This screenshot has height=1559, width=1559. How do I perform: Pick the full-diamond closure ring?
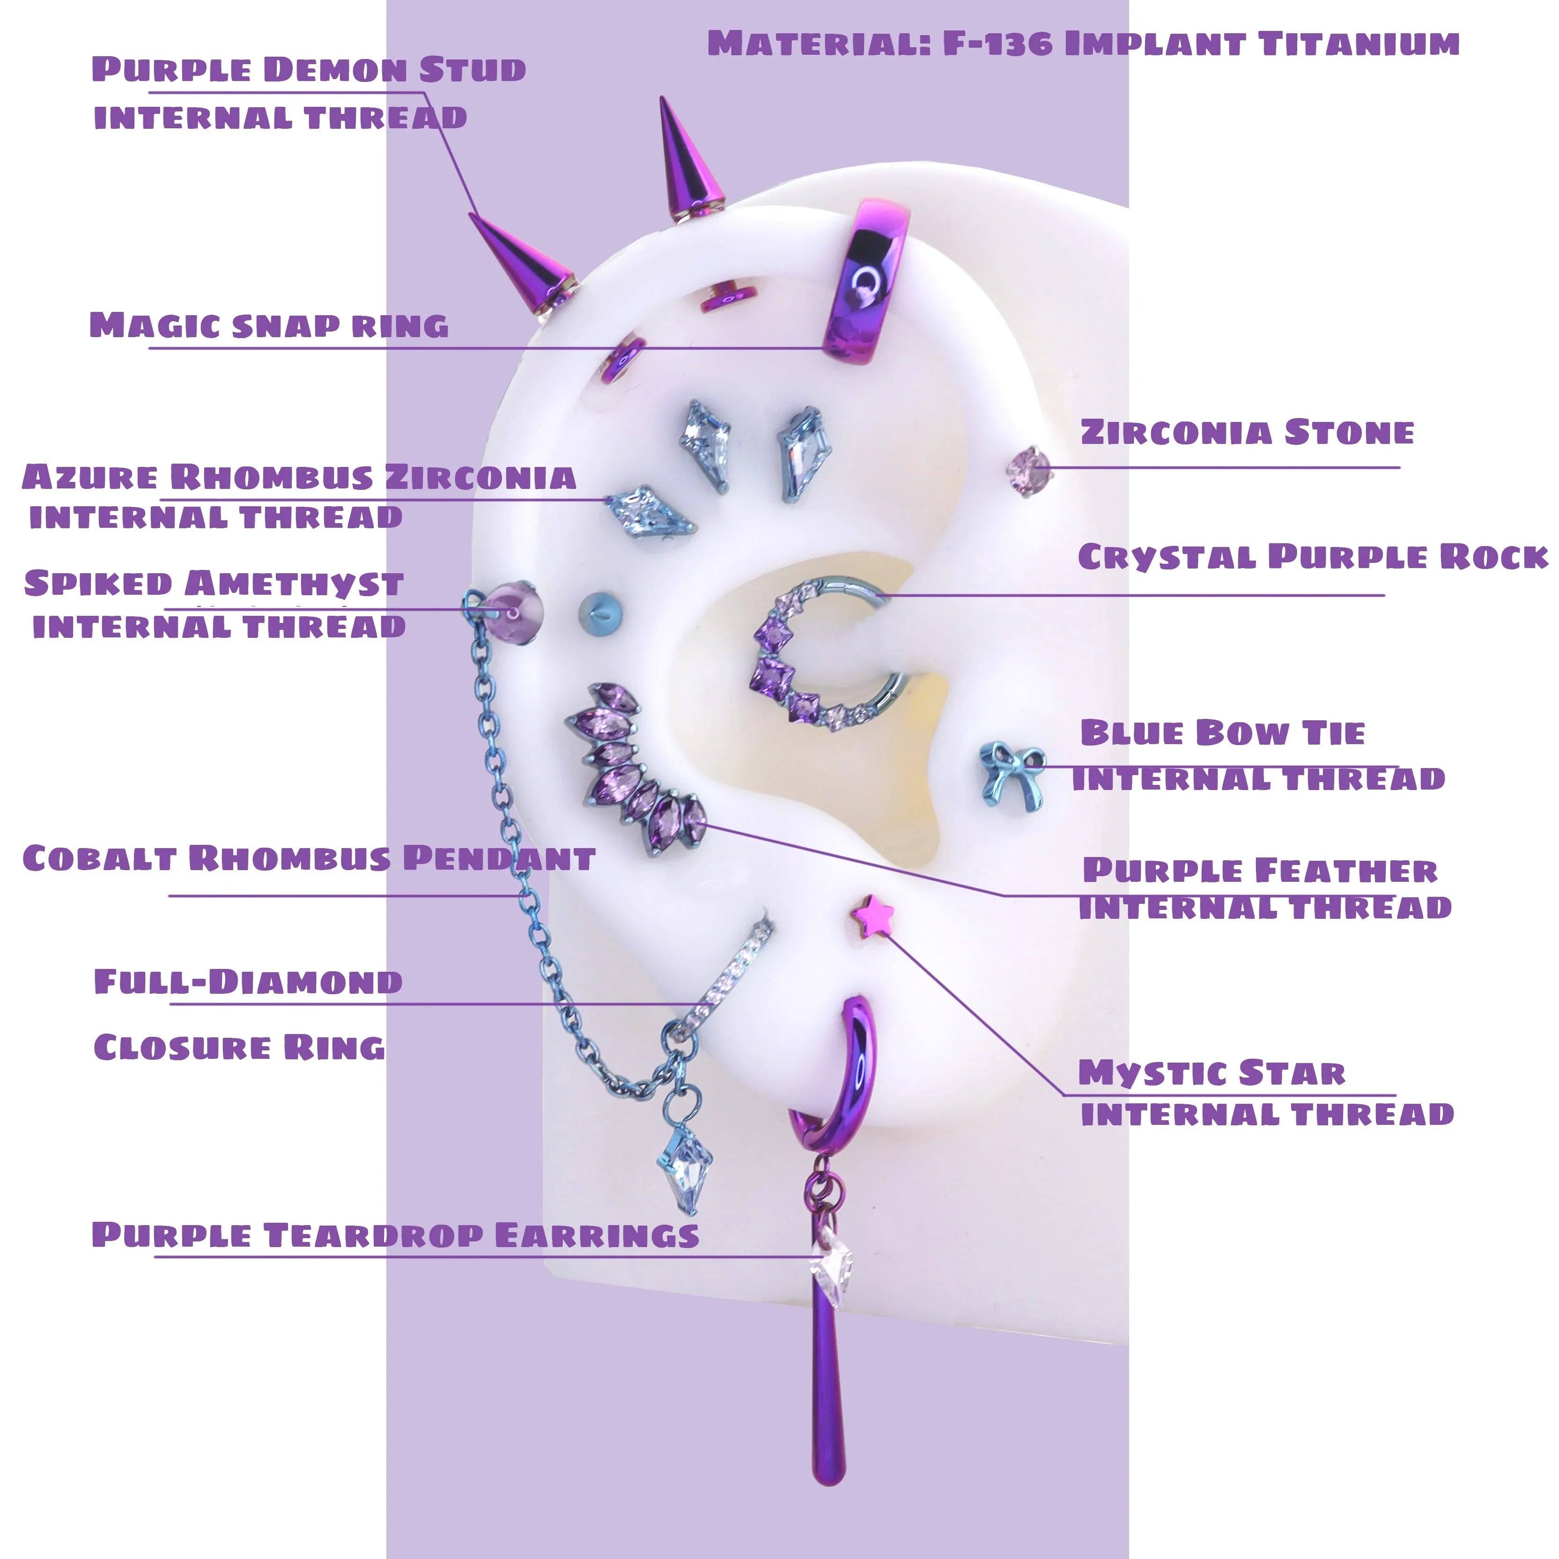(724, 984)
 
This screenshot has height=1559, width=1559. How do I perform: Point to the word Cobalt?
(100, 858)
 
